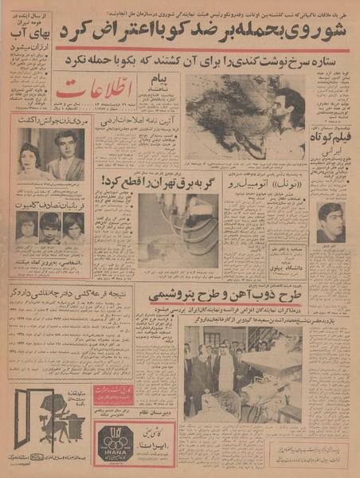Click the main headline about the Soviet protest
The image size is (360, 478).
(223, 33)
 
